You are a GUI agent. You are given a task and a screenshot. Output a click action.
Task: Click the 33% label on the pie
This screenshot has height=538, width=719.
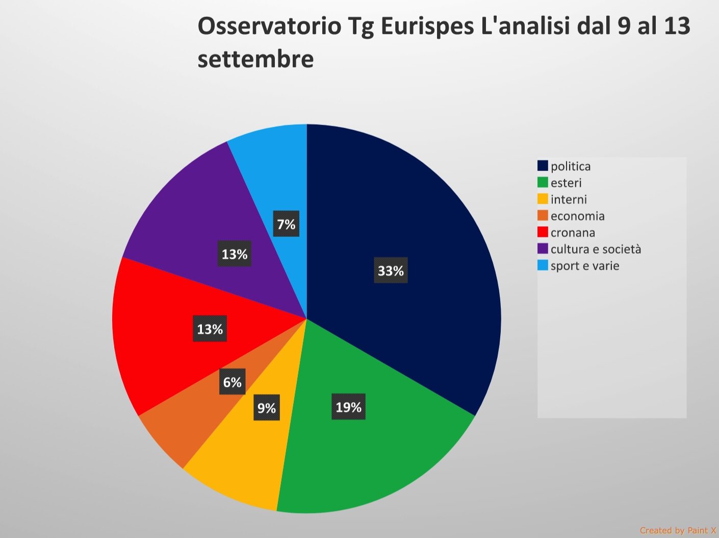tap(391, 271)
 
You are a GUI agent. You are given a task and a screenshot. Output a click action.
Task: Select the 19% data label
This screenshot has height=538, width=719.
tap(348, 407)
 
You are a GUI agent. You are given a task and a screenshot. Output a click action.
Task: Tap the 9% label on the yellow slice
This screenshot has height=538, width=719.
tap(266, 408)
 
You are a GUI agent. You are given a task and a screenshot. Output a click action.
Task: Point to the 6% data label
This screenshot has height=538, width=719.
tap(232, 382)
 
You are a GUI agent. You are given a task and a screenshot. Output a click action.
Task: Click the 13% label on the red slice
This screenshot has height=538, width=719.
tap(210, 329)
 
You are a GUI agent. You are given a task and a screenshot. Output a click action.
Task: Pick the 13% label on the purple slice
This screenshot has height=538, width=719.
tap(234, 254)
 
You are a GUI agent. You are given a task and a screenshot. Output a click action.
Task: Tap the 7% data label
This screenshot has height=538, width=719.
tap(286, 224)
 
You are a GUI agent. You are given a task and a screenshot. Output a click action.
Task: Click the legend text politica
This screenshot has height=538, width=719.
tap(571, 166)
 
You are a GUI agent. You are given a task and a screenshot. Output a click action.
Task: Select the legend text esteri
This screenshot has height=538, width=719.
tap(566, 183)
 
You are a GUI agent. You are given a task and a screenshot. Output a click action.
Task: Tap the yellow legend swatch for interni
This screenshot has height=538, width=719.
tap(543, 199)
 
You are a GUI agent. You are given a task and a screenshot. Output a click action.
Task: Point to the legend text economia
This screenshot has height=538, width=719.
tap(577, 216)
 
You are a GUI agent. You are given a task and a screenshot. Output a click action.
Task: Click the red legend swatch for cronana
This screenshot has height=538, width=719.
tap(543, 232)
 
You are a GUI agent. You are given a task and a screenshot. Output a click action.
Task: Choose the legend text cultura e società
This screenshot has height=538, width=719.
tap(596, 249)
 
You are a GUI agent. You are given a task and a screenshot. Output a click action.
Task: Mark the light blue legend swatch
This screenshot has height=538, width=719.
tap(543, 265)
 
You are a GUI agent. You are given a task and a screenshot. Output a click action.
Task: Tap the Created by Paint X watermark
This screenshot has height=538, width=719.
tap(678, 530)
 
